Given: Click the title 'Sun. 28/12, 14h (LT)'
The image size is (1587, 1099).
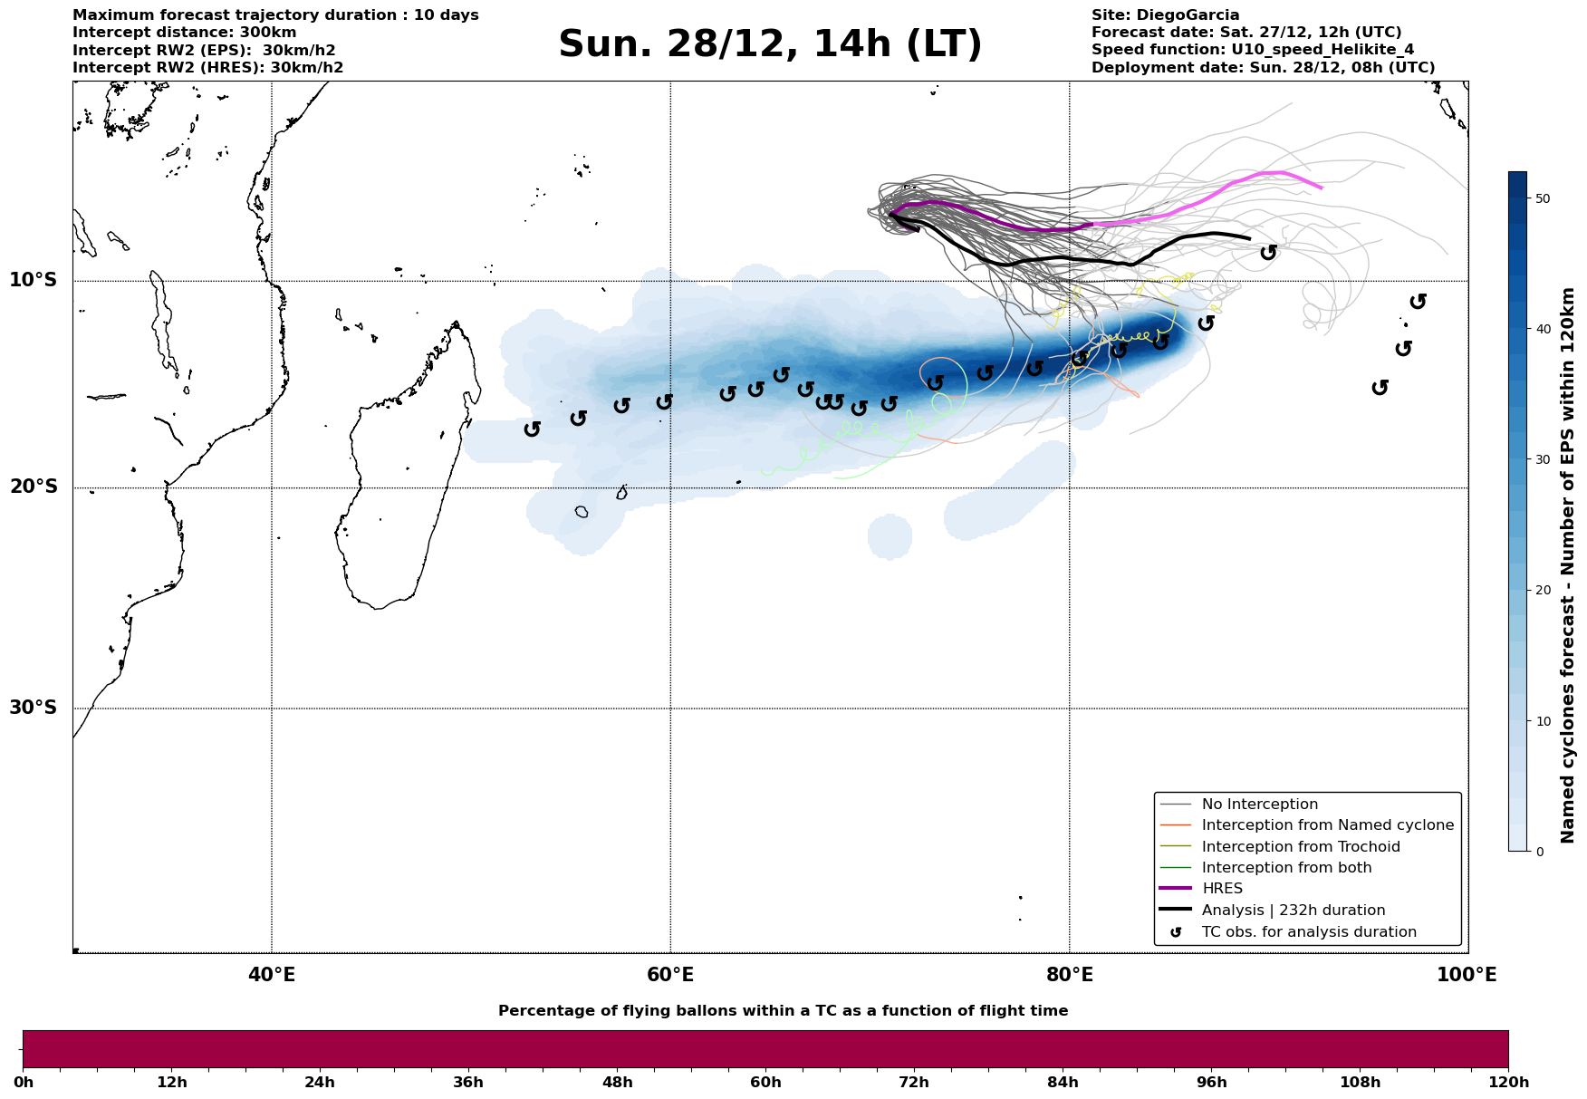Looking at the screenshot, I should coord(770,44).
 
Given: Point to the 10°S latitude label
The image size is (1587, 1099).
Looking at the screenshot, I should coord(34,280).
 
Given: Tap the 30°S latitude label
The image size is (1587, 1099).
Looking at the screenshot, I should coord(34,708).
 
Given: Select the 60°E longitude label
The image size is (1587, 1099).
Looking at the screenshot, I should coord(670,975).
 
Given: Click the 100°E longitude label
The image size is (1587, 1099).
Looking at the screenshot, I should coord(1467,975).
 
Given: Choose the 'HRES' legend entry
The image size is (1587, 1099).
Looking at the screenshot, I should coord(1222,889).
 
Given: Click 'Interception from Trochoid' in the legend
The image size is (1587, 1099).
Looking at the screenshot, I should coord(1300,847).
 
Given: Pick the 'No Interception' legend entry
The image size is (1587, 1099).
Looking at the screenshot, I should coord(1259,805).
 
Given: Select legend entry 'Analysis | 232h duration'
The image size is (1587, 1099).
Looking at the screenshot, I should coord(1293,911).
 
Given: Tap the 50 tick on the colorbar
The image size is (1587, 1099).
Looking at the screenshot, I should coord(1543,198).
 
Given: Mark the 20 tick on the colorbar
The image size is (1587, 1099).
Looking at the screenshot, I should coord(1543,591).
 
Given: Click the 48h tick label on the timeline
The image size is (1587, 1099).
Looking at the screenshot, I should coord(617,1083).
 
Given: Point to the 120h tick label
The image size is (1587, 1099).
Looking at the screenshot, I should coord(1508,1083).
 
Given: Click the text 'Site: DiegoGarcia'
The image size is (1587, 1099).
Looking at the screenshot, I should coord(1165,15).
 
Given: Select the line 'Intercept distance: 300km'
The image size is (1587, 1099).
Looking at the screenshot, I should coord(184,33).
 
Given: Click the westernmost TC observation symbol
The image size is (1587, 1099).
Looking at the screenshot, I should coord(533,429).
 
